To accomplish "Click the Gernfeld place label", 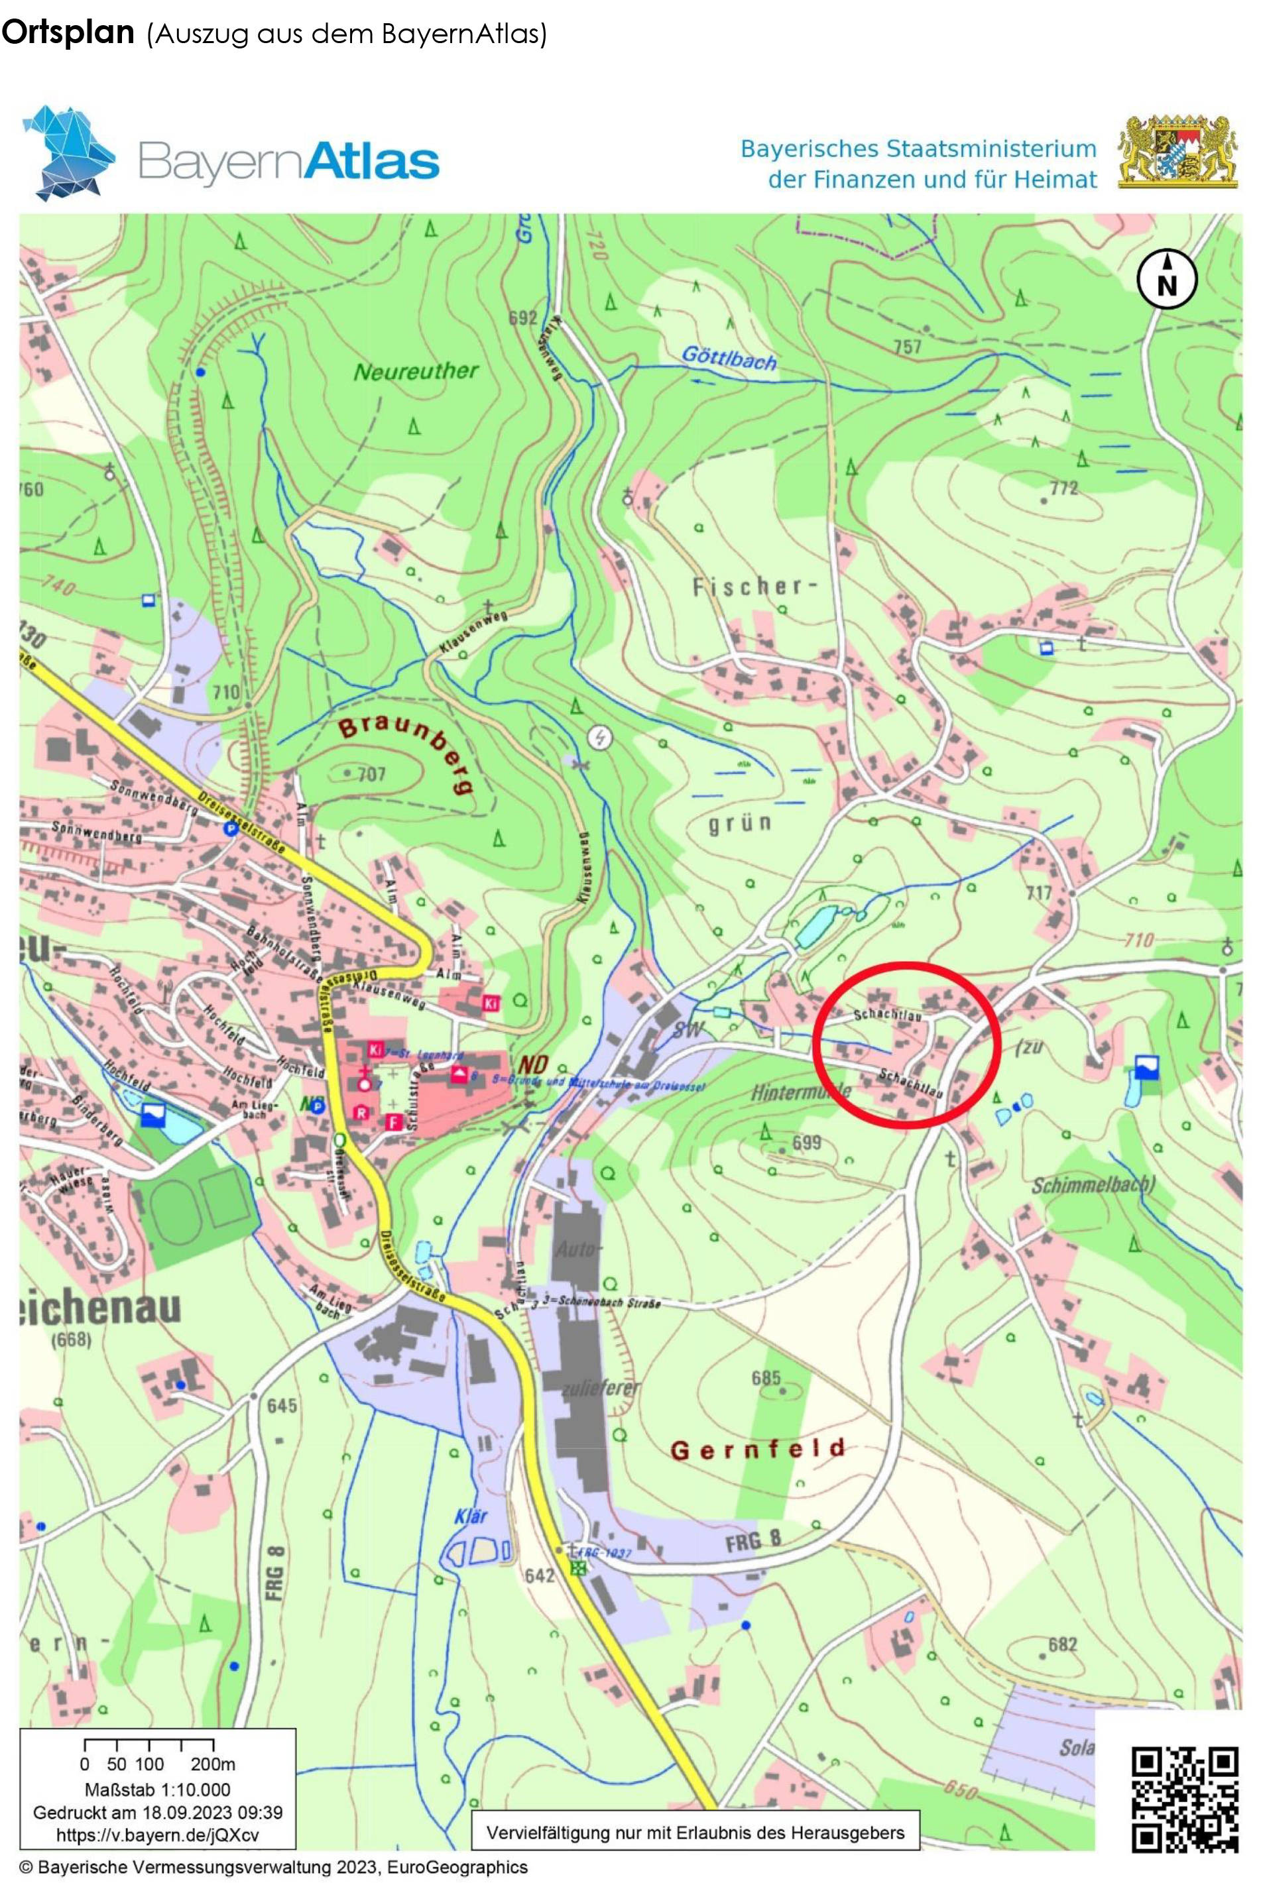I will (x=758, y=1449).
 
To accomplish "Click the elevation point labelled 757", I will (x=907, y=347).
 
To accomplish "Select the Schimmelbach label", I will (x=1093, y=1185).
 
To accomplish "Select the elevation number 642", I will (x=539, y=1575).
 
